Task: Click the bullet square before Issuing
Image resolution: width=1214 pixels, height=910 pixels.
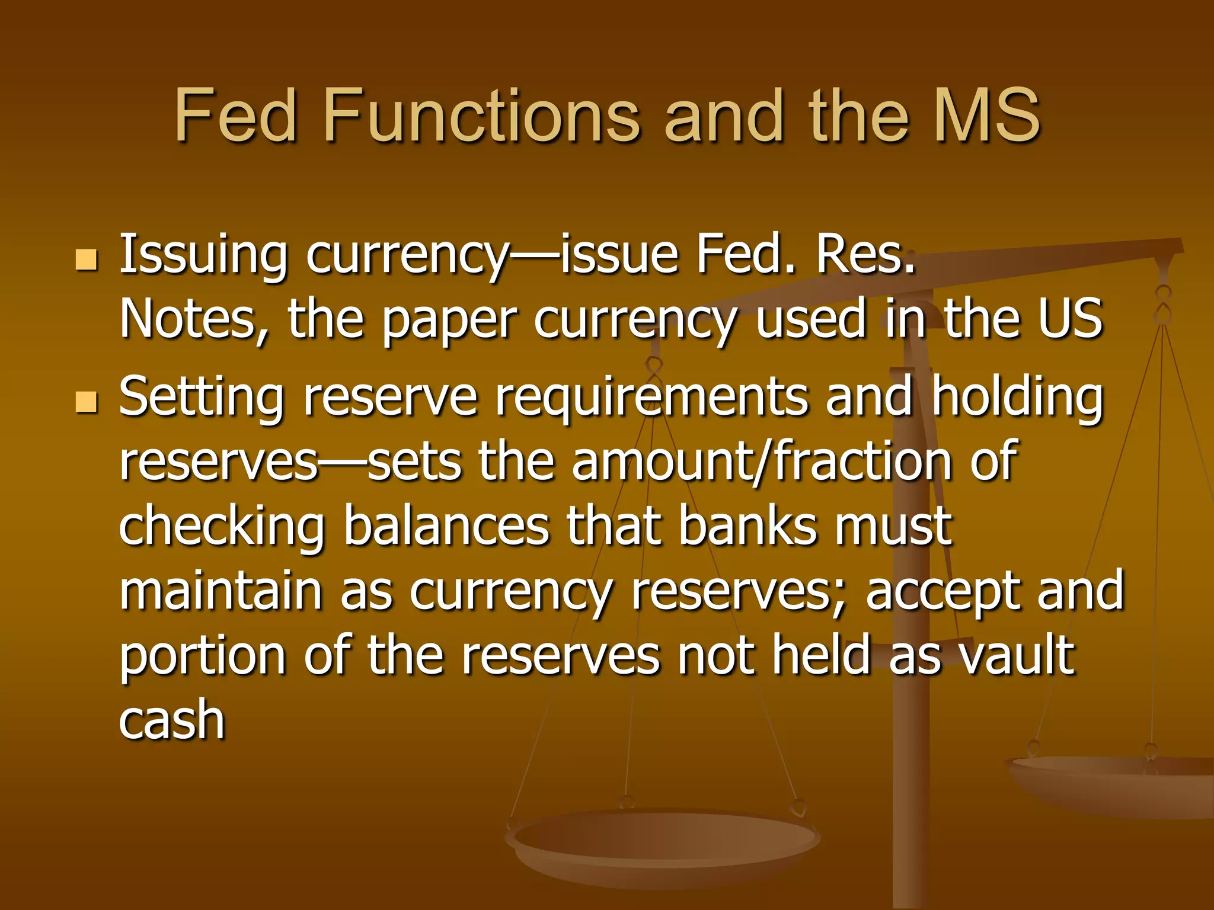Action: point(87,259)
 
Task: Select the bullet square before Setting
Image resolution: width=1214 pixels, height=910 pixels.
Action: point(87,402)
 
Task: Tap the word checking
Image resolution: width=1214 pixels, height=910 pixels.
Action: point(222,527)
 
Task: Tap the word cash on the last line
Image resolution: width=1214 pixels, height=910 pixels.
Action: point(172,719)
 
